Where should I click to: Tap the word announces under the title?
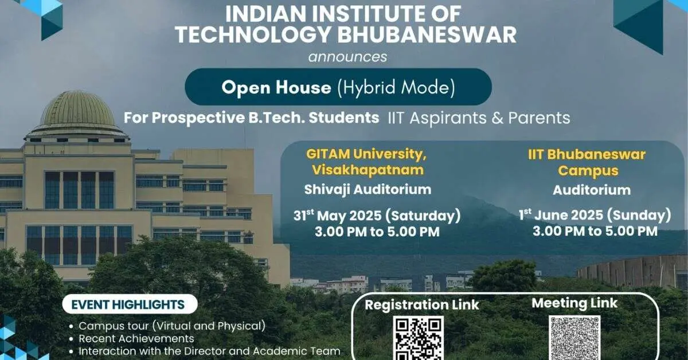[347, 57]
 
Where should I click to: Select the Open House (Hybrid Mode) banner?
[338, 87]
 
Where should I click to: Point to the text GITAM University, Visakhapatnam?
[367, 162]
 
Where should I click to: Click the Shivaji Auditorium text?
[368, 189]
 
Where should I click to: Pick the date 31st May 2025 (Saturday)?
[377, 217]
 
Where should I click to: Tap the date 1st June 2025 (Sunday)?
[595, 216]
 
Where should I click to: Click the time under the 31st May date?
[377, 232]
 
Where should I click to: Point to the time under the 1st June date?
[595, 232]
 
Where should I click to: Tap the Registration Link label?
[421, 304]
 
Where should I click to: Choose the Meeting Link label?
[574, 303]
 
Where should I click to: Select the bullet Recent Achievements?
[136, 338]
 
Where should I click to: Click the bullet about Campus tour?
[172, 326]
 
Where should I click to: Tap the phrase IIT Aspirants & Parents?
[479, 118]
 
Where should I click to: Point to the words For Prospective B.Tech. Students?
[252, 118]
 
